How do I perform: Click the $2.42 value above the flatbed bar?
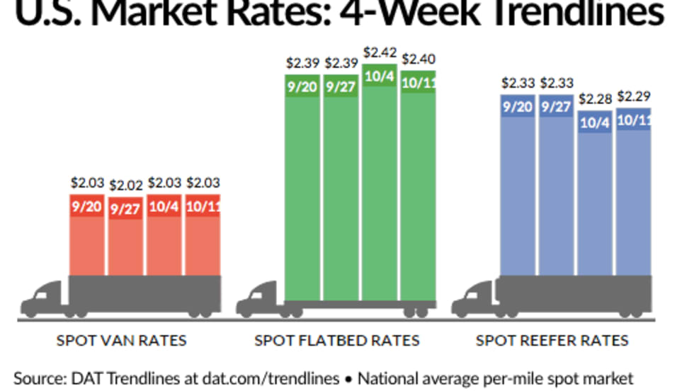380,53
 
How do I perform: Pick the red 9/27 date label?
126,210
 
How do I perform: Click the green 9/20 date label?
302,89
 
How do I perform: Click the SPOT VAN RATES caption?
121,341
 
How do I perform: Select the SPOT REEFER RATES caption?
552,341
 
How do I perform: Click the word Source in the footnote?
36,376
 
